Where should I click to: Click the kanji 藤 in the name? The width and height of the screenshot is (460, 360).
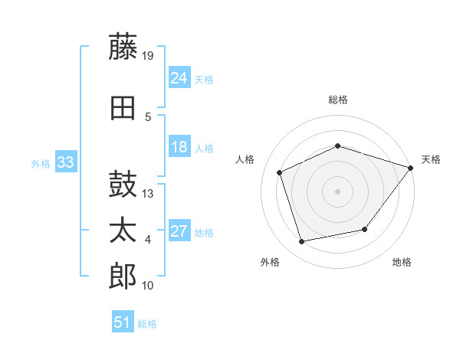(123, 46)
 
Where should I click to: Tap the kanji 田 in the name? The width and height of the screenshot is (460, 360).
(123, 108)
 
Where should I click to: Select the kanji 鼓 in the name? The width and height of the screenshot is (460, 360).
(123, 184)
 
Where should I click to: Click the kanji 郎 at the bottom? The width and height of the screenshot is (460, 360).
(123, 276)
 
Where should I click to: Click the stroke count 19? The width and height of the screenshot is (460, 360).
(147, 56)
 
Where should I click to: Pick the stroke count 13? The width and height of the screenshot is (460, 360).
(147, 194)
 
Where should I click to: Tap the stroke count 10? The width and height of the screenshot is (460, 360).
(147, 286)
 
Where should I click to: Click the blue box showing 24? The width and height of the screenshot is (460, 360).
(179, 77)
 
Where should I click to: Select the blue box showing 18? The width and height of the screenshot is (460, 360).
(179, 146)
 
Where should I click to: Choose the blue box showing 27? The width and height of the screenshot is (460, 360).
(179, 230)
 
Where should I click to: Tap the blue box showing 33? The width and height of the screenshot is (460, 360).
(66, 162)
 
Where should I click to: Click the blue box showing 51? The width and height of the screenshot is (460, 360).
(123, 321)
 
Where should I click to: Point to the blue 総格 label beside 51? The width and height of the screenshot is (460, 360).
(147, 324)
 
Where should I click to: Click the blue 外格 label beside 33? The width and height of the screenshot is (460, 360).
(41, 164)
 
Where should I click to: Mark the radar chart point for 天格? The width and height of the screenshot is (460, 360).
(411, 168)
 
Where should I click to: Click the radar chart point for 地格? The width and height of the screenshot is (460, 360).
(365, 229)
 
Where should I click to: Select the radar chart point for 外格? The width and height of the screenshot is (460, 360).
(301, 241)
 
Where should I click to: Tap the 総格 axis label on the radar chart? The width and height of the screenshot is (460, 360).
(338, 100)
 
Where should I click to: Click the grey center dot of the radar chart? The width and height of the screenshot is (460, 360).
(337, 191)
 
